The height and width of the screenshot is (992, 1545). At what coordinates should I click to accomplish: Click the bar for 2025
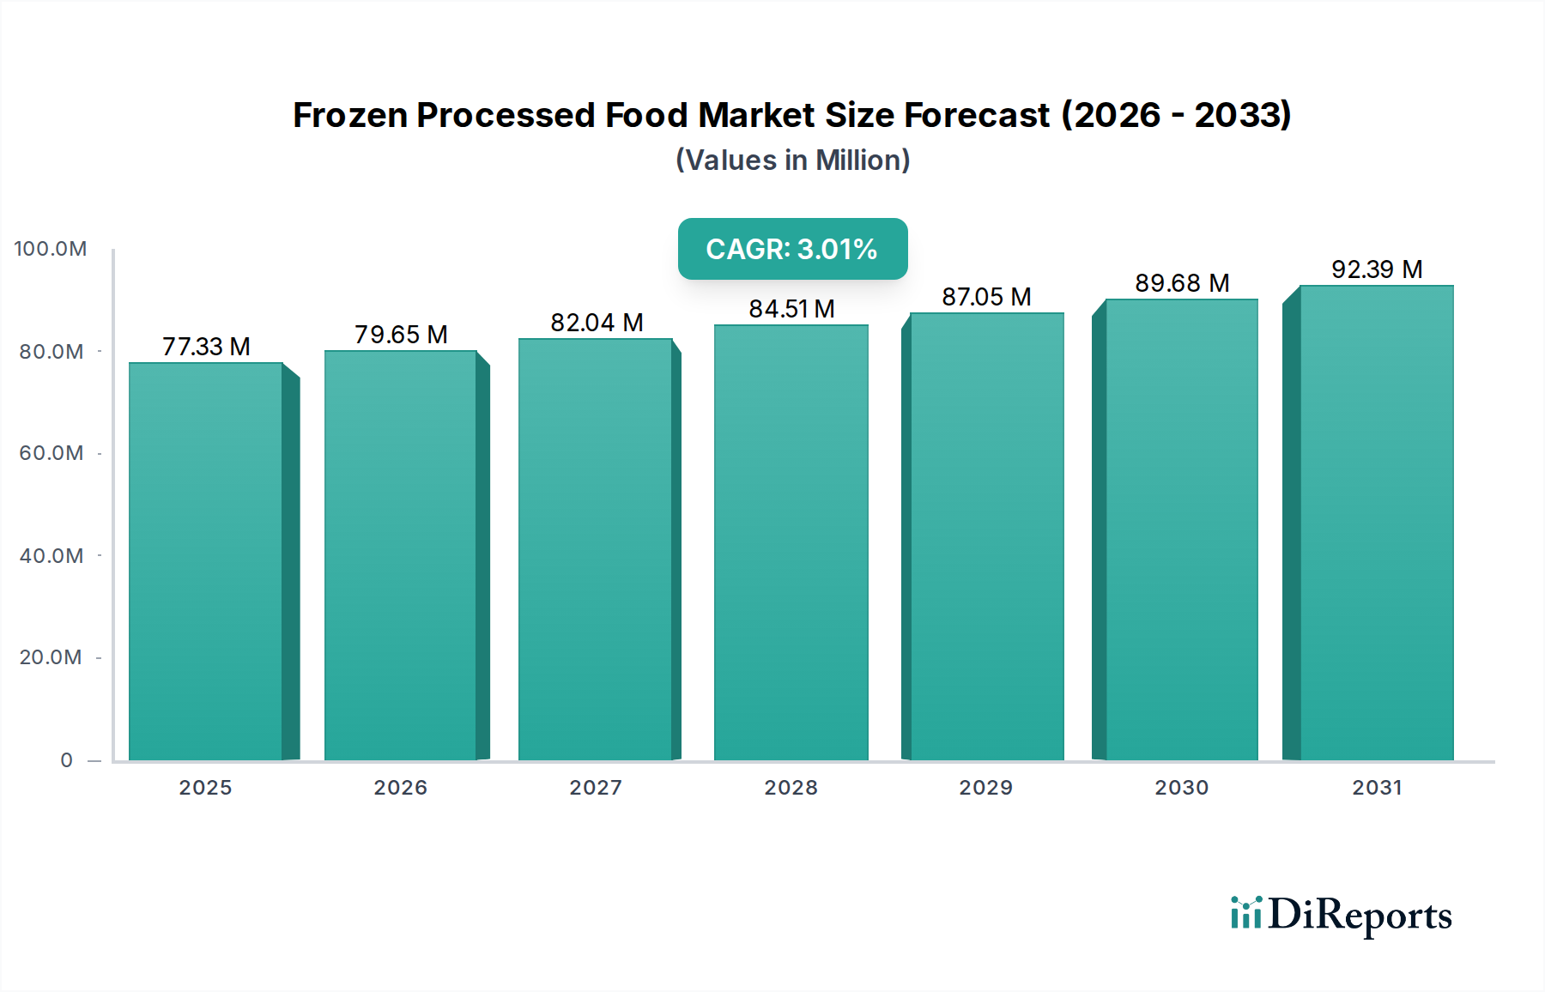(x=206, y=562)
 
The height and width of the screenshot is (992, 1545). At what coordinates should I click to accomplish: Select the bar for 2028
(x=791, y=542)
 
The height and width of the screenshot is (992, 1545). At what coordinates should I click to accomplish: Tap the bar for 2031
(x=1377, y=523)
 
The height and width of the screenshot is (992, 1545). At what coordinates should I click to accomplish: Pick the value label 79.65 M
(x=401, y=335)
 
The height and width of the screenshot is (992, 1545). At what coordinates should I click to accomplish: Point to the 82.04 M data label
(x=597, y=323)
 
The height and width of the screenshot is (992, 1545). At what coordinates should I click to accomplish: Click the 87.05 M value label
(x=986, y=297)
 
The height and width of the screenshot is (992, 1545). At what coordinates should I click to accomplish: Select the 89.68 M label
(x=1182, y=283)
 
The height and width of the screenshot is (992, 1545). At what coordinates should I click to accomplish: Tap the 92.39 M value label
(x=1377, y=269)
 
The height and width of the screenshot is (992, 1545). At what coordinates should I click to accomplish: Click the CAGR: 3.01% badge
(x=792, y=249)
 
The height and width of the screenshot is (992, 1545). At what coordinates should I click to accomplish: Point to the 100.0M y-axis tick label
(x=51, y=249)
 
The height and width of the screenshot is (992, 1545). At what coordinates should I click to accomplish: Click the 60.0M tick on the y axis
(x=51, y=453)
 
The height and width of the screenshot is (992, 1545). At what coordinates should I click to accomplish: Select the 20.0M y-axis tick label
(x=51, y=657)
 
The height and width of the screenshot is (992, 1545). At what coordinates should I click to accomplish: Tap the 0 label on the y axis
(x=67, y=760)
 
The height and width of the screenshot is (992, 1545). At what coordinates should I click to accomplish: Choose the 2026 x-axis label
(x=400, y=788)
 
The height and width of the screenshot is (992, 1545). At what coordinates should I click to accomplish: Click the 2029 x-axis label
(x=985, y=788)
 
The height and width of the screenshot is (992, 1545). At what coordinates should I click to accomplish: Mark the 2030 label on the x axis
(x=1181, y=788)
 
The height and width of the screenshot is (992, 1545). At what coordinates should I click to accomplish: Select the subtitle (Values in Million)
(x=792, y=160)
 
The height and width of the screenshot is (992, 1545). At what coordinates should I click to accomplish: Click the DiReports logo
(x=1341, y=915)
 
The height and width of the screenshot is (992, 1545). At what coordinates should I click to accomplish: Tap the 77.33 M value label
(x=206, y=347)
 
